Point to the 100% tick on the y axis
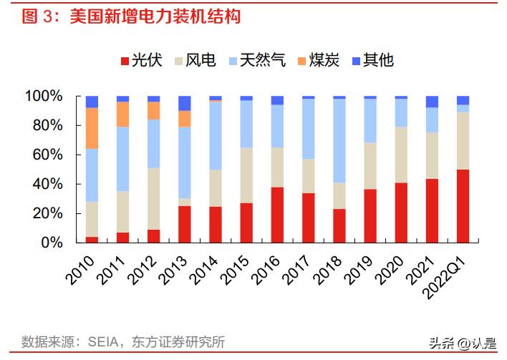coord(44,97)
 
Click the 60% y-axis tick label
coord(47,155)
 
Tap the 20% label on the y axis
coord(47,214)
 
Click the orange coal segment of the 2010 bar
coord(92,128)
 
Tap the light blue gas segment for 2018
coord(339,140)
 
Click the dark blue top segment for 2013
coord(184,103)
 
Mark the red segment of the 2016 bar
coord(277,215)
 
